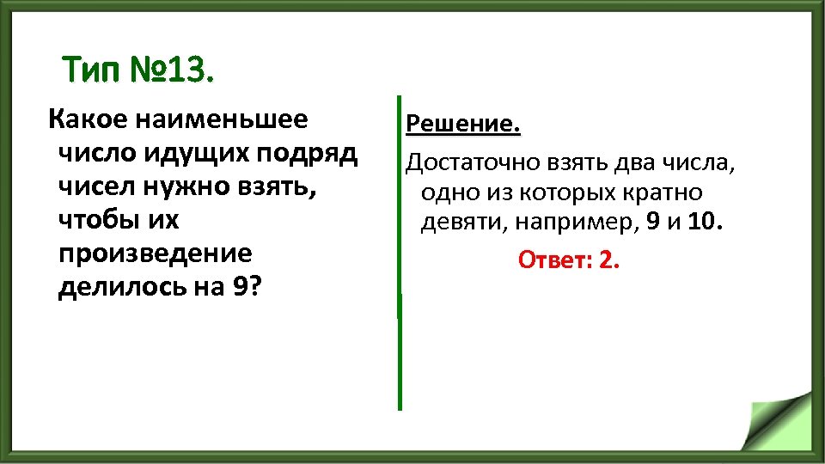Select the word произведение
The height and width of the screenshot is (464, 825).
point(155,253)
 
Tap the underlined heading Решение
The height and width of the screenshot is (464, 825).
point(463,125)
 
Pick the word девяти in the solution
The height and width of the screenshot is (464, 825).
point(452,223)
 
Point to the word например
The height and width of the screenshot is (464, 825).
point(565,223)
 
